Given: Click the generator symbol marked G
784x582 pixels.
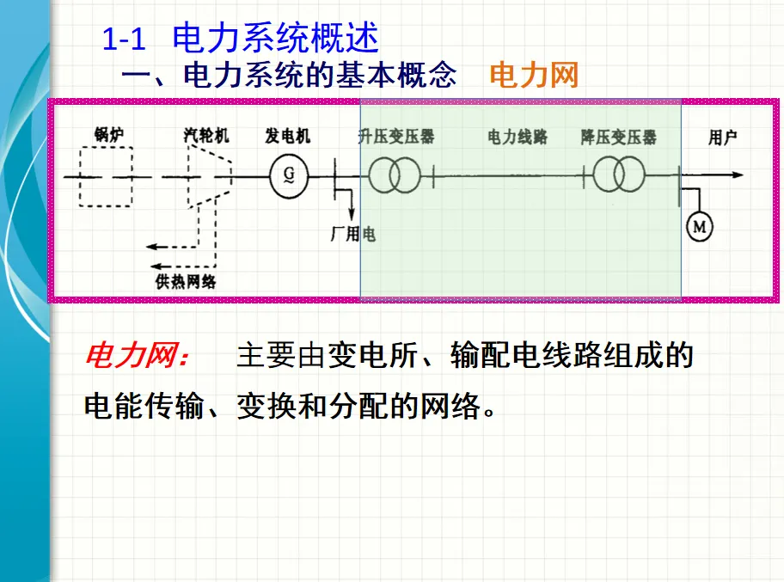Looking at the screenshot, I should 285,177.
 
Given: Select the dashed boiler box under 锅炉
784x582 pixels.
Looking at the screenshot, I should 106,177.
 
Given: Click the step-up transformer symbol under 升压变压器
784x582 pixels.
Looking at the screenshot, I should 396,176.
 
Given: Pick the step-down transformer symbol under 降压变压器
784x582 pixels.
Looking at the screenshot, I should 618,176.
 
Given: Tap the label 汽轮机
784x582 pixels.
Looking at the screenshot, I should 205,136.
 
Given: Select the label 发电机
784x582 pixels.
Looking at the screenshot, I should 288,136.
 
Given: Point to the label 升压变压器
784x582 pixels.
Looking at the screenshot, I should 396,136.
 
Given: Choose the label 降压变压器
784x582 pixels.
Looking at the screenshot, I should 618,137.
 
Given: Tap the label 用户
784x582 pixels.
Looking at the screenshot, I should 722,137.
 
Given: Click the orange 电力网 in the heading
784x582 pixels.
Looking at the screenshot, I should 534,76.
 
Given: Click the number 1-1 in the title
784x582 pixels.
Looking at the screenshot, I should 126,40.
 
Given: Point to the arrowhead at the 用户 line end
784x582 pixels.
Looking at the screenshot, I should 737,175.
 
